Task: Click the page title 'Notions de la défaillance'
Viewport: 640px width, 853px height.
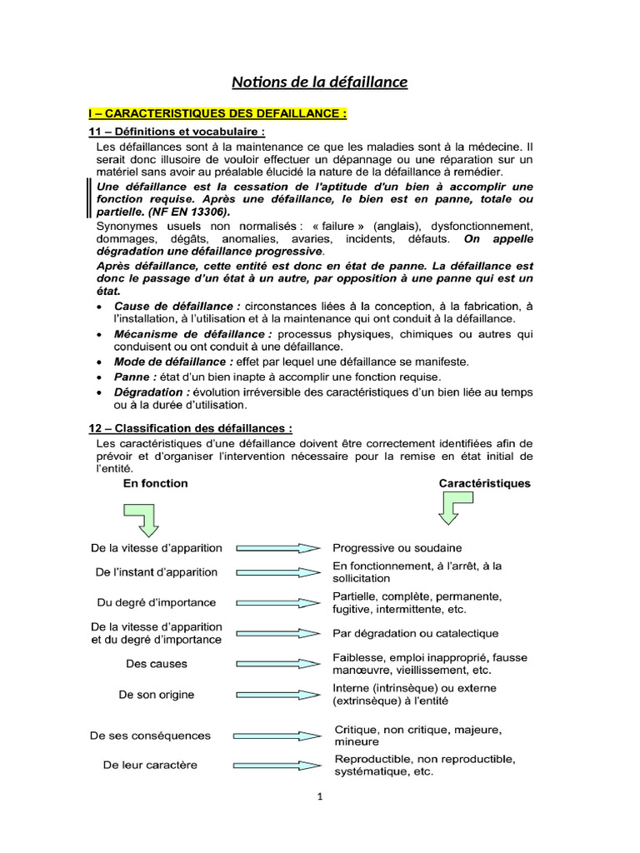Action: [319, 82]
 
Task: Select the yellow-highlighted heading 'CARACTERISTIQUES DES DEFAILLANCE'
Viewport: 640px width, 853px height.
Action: [218, 113]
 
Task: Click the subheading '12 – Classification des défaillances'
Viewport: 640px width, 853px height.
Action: [191, 428]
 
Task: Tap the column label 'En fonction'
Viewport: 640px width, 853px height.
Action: [155, 483]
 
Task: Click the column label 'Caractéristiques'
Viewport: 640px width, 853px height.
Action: [484, 483]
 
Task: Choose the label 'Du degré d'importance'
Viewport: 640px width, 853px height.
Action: [156, 602]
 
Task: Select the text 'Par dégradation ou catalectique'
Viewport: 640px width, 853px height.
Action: [415, 633]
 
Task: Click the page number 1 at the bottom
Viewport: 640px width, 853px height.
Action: [319, 796]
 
